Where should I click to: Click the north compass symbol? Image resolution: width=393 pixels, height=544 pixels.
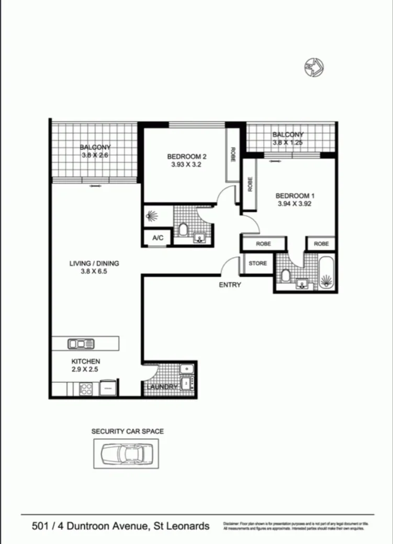(x=314, y=66)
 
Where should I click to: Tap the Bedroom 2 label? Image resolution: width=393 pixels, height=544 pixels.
(x=187, y=156)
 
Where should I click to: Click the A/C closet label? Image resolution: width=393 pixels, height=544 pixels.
(x=158, y=239)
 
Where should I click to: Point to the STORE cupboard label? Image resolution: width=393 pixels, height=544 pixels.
(x=257, y=264)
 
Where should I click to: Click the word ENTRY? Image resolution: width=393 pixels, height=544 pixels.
(x=230, y=285)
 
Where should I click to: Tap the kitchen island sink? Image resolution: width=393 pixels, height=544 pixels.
(x=81, y=344)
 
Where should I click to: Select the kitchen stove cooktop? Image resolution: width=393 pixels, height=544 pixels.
(x=86, y=389)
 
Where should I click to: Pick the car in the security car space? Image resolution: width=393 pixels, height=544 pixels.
(x=127, y=452)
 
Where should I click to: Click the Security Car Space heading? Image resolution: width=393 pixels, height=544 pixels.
(x=128, y=432)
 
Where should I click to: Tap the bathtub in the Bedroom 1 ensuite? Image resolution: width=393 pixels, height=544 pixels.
(x=327, y=272)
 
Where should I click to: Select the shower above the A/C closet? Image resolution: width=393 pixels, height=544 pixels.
(x=152, y=216)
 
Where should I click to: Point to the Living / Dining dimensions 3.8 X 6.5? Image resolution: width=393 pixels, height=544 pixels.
(x=94, y=271)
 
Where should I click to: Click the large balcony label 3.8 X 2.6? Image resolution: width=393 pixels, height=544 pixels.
(x=95, y=155)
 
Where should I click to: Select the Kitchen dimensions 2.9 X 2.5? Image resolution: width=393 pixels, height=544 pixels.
(x=86, y=369)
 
